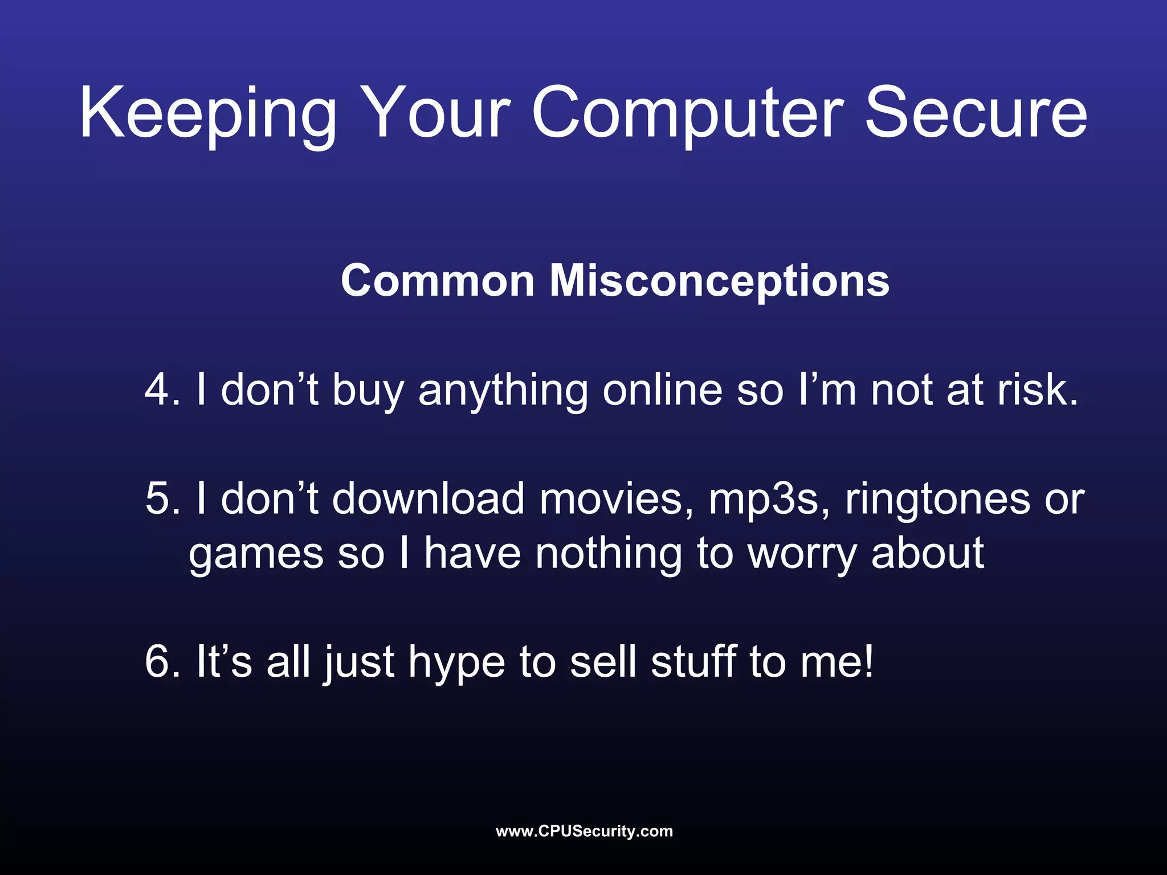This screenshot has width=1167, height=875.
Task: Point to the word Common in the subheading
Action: coord(438,281)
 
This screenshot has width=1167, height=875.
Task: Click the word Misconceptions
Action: coord(719,281)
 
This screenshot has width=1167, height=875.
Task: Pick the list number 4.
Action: coord(162,390)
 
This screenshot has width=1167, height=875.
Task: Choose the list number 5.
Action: coord(162,499)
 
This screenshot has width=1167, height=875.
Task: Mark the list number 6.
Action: coord(162,662)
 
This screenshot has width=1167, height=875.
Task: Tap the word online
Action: coord(662,390)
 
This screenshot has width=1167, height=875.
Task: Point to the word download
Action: coord(428,499)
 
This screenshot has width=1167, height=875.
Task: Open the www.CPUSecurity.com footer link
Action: coord(584,831)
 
